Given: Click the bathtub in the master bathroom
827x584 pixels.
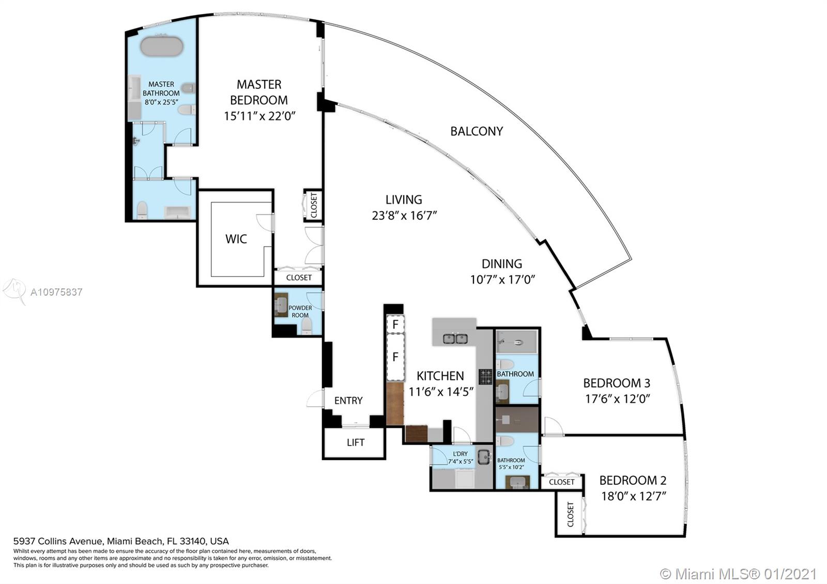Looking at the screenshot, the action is pos(162,47).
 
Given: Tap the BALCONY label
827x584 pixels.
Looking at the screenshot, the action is pos(477,131).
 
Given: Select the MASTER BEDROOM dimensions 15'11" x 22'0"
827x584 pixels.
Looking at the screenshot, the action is pos(259,116).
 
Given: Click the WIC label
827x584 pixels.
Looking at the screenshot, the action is pos(236,239).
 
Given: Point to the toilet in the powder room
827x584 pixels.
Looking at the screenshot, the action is pos(307,326).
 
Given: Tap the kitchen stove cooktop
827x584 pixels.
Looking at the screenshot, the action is pos(485,377).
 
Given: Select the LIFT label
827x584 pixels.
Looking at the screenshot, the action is pos(356,442).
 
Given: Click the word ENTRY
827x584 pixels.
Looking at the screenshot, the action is pos(348,401).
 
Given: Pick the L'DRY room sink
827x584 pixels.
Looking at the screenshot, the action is pos(484,457).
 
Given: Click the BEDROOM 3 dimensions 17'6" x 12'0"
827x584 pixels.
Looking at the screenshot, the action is pos(618,399).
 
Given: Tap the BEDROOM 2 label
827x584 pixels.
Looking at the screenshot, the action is pos(633,480).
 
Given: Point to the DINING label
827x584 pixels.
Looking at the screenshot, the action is pos(502,264).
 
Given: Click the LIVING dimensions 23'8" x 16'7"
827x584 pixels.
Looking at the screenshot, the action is pos(404,216).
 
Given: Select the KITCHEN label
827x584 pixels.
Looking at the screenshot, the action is pos(440,376).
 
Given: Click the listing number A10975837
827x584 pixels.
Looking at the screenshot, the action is pos(56,293).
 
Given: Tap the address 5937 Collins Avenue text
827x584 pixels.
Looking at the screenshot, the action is pos(57,541).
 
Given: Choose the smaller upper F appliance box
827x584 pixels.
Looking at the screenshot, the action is pos(395,325).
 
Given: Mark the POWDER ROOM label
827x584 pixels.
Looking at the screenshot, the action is pos(300,312).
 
